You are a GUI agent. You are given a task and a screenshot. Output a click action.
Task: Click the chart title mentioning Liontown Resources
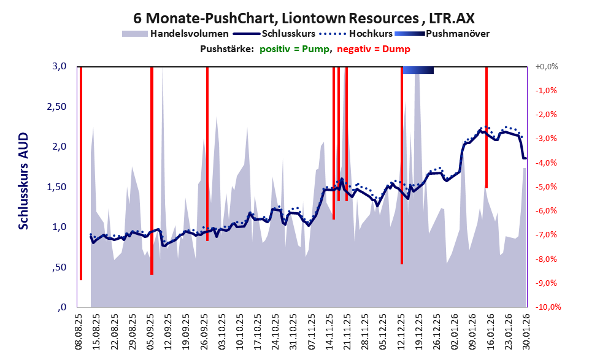[x=304, y=18]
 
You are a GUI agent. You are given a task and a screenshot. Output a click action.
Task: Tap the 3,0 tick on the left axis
[x=58, y=66]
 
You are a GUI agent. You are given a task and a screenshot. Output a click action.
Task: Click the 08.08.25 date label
[x=79, y=331]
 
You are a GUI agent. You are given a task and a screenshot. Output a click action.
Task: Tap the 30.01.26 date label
[x=525, y=331]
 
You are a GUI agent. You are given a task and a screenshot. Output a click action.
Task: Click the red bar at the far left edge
[x=80, y=172]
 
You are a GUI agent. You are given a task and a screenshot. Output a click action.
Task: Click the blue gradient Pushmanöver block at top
[x=418, y=70]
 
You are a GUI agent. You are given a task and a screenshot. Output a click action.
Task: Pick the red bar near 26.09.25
[x=207, y=153]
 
